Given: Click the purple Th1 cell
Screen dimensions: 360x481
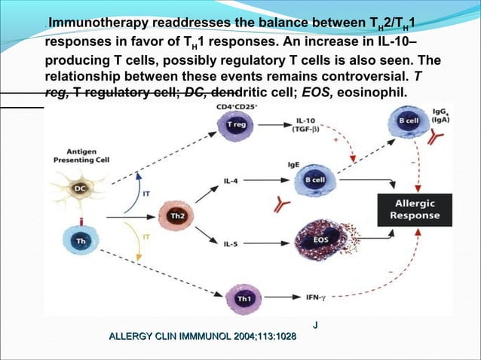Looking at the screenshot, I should click(244, 298).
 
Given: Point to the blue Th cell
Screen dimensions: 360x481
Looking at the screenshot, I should click(79, 239).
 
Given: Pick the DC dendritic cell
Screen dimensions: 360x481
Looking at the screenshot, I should click(78, 188).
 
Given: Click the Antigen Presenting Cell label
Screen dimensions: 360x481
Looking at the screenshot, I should click(78, 155).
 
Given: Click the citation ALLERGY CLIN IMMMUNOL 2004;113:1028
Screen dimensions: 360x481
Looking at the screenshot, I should click(203, 336).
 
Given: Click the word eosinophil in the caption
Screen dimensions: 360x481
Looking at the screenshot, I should click(373, 93).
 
